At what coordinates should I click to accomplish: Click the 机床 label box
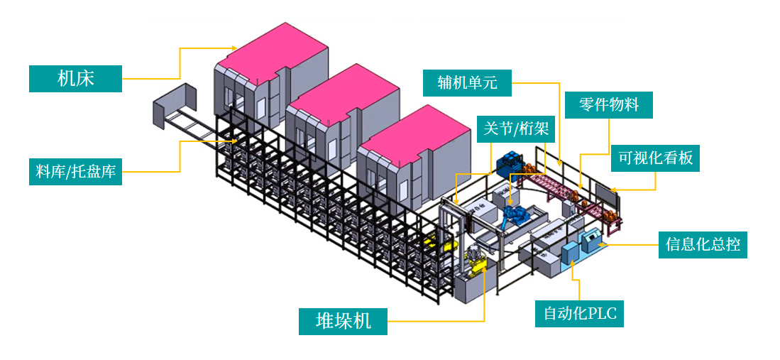[x=75, y=78]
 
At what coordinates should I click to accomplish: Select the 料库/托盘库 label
[x=75, y=171]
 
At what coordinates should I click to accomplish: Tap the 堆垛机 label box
[x=344, y=321]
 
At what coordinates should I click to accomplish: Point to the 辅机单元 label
[x=468, y=82]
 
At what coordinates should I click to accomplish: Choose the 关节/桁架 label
[x=509, y=129]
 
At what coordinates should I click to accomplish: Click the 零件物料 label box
[x=608, y=105]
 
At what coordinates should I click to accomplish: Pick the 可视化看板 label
[x=655, y=158]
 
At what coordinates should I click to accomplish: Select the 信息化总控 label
[x=703, y=244]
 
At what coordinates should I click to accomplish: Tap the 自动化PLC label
[x=579, y=313]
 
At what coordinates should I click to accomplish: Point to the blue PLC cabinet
[x=570, y=253]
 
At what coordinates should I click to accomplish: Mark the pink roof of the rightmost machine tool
[x=416, y=129]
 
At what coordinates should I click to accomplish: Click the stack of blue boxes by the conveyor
[x=510, y=165]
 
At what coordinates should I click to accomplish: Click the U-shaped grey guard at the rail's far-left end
[x=173, y=107]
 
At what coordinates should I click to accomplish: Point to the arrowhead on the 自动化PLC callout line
[x=572, y=264]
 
